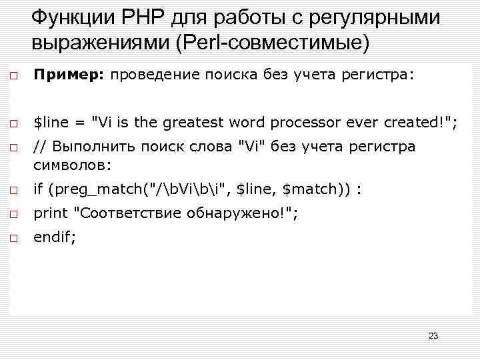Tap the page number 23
point(433,335)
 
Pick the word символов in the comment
point(71,164)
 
